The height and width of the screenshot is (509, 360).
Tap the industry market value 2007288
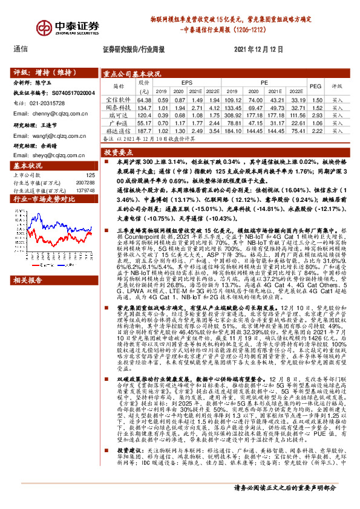[x=84, y=182]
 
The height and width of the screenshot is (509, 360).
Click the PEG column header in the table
[x=315, y=86]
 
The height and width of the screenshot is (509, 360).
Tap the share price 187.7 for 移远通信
[x=144, y=130]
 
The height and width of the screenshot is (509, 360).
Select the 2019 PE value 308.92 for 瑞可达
[x=232, y=115]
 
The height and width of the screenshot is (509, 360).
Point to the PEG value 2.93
[x=315, y=115]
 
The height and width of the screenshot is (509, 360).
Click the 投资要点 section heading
[x=119, y=153]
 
